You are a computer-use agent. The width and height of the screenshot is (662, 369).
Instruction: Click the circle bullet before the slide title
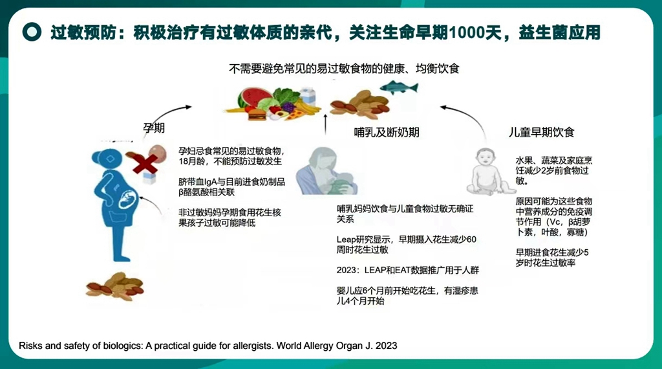coord(32,32)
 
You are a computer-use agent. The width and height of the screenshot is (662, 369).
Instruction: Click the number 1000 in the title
coord(464,32)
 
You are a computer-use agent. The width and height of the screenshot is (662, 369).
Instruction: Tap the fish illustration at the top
coord(399,87)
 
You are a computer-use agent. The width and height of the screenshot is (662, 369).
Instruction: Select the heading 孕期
coord(154,128)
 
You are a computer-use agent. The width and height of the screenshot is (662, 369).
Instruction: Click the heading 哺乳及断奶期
coord(387,132)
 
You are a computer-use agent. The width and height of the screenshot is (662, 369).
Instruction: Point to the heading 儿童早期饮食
coord(541,132)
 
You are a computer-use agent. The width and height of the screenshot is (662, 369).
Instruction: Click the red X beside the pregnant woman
coord(145,164)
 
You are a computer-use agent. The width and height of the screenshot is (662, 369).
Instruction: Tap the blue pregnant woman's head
coord(107,159)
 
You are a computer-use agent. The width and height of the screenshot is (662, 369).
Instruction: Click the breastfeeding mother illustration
coord(326,171)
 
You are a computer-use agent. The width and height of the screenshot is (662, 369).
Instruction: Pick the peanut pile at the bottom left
coord(115,286)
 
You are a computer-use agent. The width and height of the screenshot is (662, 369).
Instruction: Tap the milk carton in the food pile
coord(308,96)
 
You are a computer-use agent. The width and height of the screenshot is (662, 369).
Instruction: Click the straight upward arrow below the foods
coord(325,124)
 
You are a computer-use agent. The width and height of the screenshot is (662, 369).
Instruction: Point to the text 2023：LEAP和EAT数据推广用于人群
coord(407,270)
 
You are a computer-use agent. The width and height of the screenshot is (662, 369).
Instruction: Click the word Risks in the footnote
coord(30,346)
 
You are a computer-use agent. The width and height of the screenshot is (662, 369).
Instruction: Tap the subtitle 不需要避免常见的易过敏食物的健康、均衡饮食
coord(344,69)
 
